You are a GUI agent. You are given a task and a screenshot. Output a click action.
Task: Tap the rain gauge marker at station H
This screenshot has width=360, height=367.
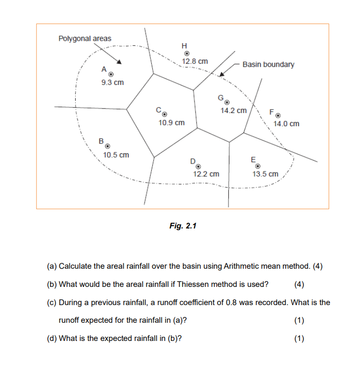pos(187,54)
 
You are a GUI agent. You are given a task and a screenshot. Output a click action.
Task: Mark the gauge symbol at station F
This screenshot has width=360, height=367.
pos(278,116)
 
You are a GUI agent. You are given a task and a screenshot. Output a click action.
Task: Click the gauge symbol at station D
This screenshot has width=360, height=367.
pos(199,167)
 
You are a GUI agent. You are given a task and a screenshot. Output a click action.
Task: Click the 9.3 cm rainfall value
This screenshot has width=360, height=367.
pos(112,83)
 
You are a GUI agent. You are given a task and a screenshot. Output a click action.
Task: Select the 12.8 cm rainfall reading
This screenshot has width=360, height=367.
pos(195,62)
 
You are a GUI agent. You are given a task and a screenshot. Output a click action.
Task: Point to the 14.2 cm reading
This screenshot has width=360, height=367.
pos(234,111)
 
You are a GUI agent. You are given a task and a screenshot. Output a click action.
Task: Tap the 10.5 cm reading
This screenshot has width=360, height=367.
pos(116,155)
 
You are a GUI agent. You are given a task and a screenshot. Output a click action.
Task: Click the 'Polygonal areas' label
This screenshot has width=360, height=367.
pos(85,38)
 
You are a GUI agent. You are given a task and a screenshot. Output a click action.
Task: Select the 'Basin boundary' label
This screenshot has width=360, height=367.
pos(268,64)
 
